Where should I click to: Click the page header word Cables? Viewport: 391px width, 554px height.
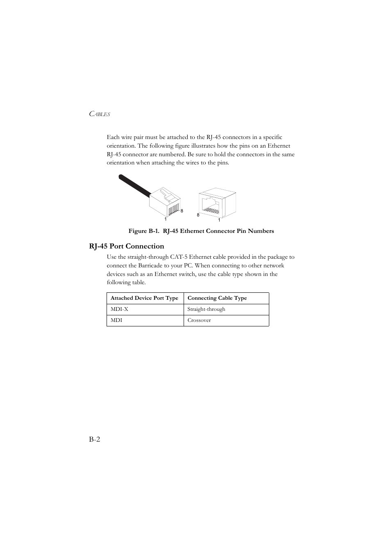[x=100, y=114]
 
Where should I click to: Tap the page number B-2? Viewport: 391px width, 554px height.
[x=95, y=439]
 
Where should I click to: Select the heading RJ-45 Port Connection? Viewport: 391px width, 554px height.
[x=126, y=246]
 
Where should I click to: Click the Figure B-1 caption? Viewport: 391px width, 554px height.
[x=201, y=231]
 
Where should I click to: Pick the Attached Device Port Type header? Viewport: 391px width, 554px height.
[x=144, y=298]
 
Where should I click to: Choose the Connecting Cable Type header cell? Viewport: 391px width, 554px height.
[x=217, y=298]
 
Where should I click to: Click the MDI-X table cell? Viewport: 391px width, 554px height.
[x=119, y=309]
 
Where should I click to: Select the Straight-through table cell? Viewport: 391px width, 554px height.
[x=206, y=309]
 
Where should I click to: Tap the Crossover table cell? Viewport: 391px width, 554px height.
[x=199, y=320]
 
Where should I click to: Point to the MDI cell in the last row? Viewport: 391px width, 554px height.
[x=116, y=320]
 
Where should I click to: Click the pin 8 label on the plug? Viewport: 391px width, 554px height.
[x=182, y=211]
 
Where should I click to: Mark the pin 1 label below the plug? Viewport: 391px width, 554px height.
[x=166, y=219]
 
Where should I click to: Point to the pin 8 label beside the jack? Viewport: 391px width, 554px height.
[x=198, y=215]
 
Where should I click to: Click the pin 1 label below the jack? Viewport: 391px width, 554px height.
[x=219, y=220]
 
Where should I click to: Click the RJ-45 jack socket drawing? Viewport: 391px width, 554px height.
[x=217, y=203]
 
